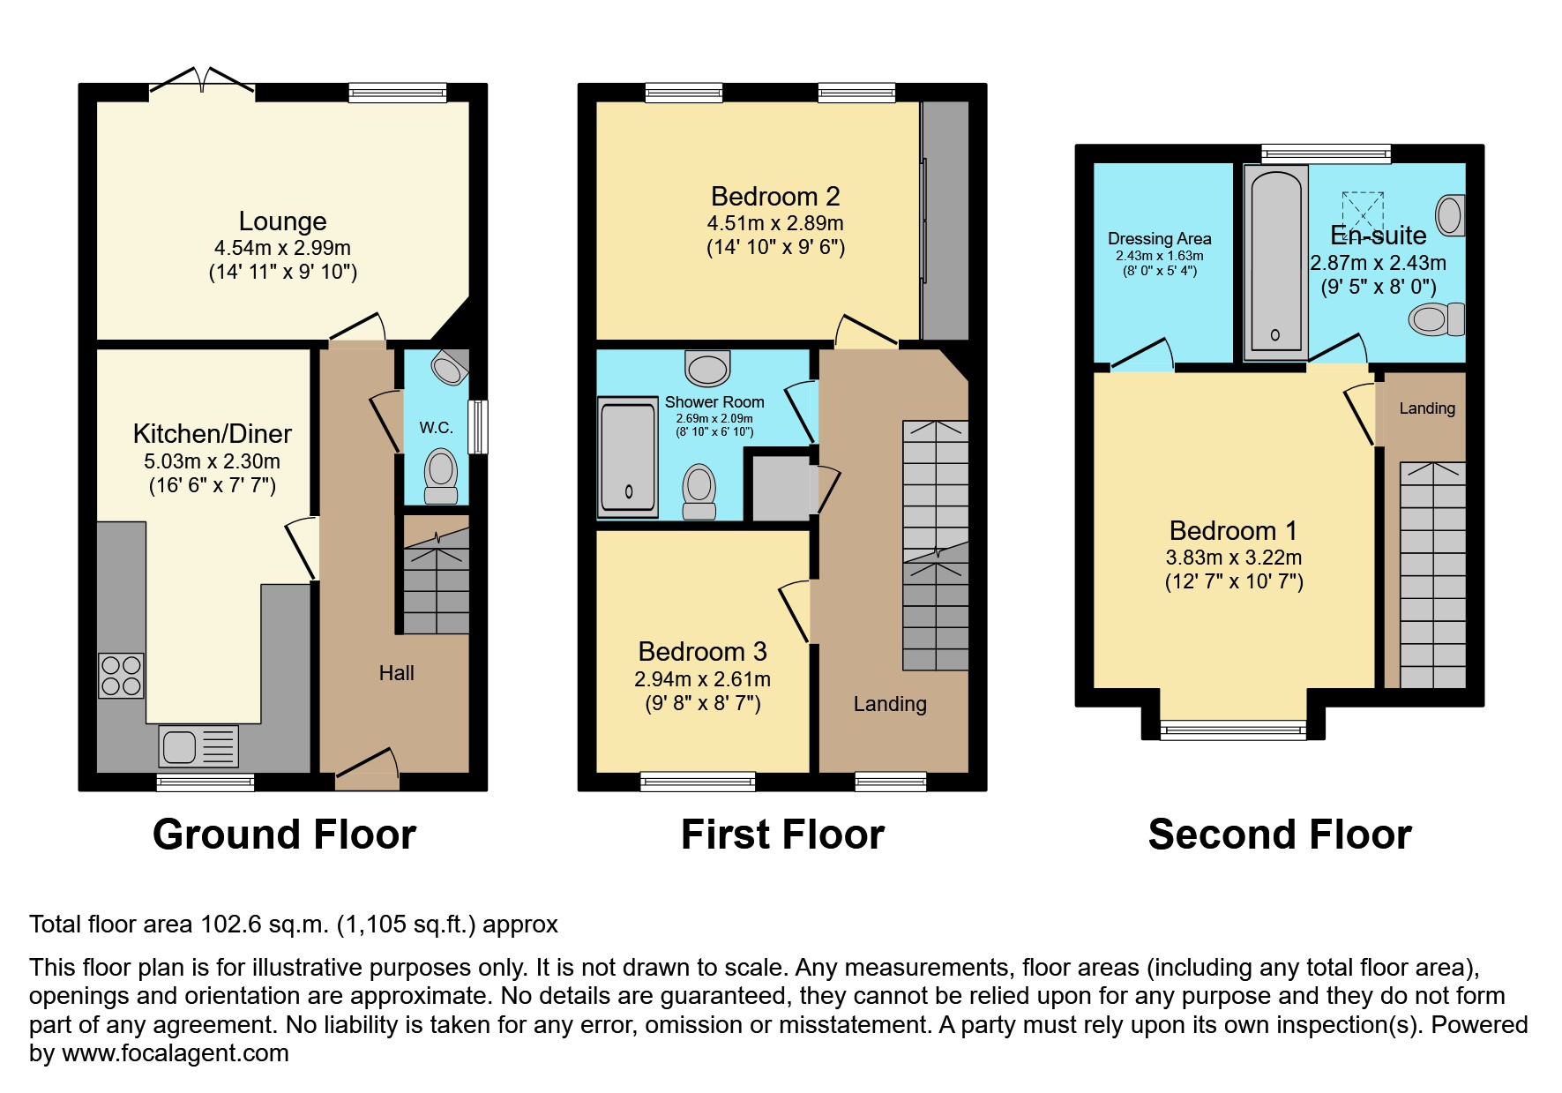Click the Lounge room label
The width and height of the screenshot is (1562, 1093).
tap(282, 221)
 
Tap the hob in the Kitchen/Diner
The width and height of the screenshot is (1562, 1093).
tap(121, 675)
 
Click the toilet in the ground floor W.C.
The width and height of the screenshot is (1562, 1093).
tap(441, 475)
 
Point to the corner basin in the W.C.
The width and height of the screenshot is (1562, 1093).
tap(451, 367)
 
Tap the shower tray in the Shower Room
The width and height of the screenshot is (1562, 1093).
tap(628, 455)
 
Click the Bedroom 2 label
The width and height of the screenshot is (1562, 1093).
tap(774, 196)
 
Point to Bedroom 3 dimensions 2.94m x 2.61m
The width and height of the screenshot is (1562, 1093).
tap(702, 679)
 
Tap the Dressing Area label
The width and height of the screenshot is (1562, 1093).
tap(1159, 238)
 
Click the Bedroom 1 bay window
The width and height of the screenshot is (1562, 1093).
tap(1233, 729)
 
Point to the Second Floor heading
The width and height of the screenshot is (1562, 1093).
tap(1279, 834)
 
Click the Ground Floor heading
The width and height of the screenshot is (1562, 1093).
tap(284, 834)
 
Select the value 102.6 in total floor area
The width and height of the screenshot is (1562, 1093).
tap(229, 925)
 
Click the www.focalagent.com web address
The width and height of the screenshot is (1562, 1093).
tap(175, 1053)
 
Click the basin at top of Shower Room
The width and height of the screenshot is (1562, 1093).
tap(707, 368)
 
